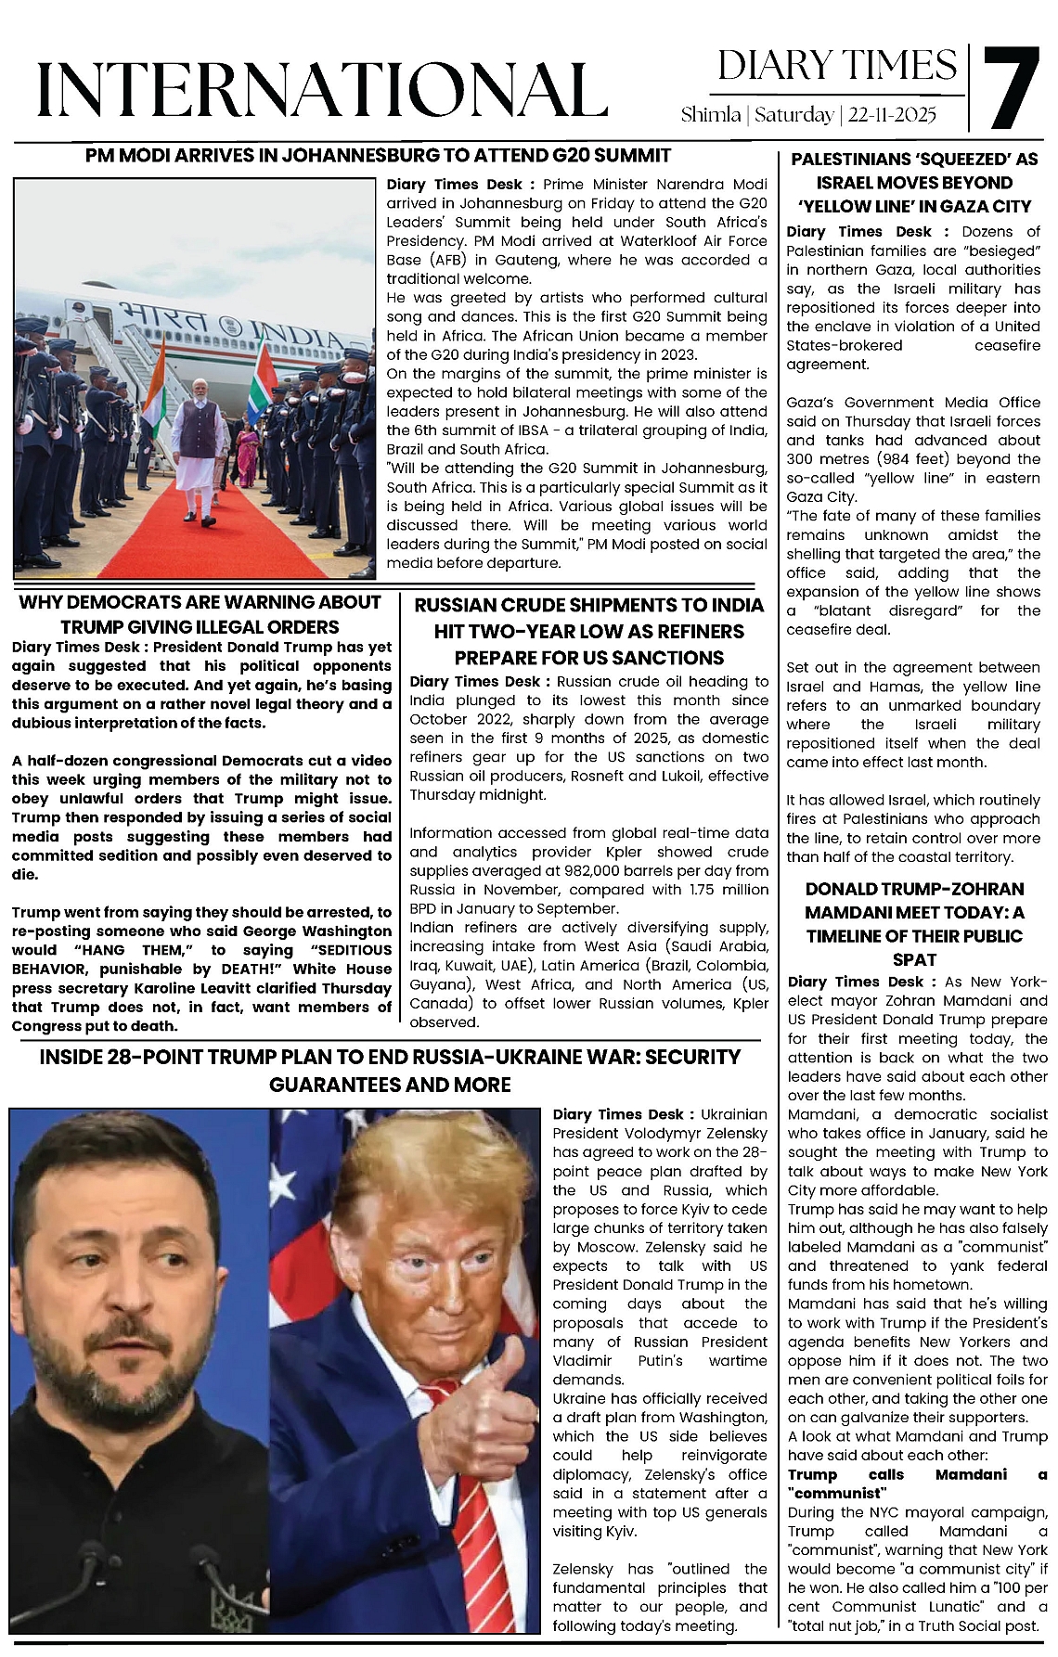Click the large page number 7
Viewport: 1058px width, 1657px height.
(x=1011, y=89)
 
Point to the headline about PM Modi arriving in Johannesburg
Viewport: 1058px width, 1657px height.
(x=378, y=155)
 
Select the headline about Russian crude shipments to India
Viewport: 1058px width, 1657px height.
(x=588, y=632)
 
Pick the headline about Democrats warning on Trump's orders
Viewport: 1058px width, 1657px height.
(x=200, y=614)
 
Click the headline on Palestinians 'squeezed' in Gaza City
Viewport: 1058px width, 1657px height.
(x=914, y=183)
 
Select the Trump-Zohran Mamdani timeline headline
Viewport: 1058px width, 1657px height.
(x=914, y=924)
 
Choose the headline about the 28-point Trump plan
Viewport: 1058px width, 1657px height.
(x=390, y=1071)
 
